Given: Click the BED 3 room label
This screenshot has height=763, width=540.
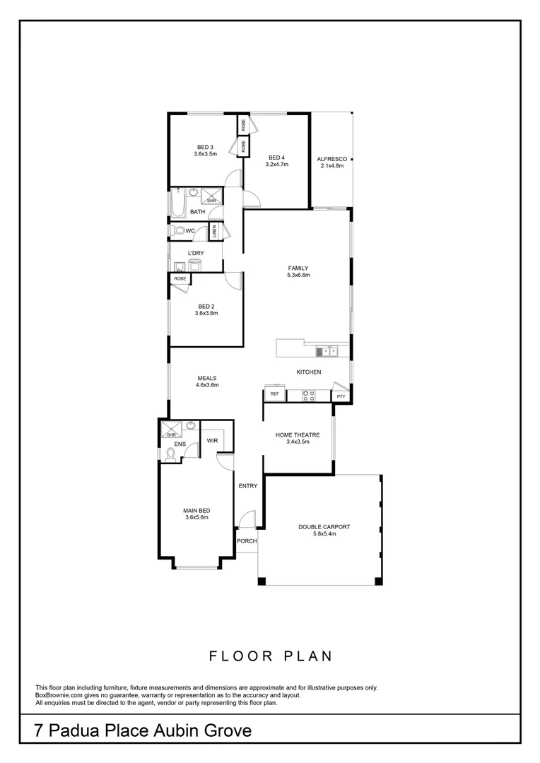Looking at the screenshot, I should (205, 147).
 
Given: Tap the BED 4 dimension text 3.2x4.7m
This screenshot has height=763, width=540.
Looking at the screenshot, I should (276, 165).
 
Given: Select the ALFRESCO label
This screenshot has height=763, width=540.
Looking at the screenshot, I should (331, 159).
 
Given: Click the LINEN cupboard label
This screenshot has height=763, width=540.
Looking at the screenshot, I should (213, 231).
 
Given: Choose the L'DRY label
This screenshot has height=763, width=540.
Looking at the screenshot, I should (196, 253).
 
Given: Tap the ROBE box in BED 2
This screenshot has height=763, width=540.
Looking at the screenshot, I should (180, 279).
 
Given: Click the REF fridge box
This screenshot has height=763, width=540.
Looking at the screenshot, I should (274, 394).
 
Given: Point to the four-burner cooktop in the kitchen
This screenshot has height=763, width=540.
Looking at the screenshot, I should (309, 396).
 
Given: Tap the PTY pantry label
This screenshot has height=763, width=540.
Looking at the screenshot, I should (341, 396).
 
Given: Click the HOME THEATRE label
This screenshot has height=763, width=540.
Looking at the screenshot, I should (298, 435).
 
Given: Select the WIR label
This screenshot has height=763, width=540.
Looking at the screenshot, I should (211, 441).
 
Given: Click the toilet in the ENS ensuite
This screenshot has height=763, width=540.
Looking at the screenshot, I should (170, 454).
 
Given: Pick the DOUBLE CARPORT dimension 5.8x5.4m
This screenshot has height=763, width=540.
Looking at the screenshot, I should (324, 534).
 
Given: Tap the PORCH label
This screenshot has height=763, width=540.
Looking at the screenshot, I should (247, 541).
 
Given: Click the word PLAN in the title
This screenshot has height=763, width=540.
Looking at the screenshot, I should (306, 656).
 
